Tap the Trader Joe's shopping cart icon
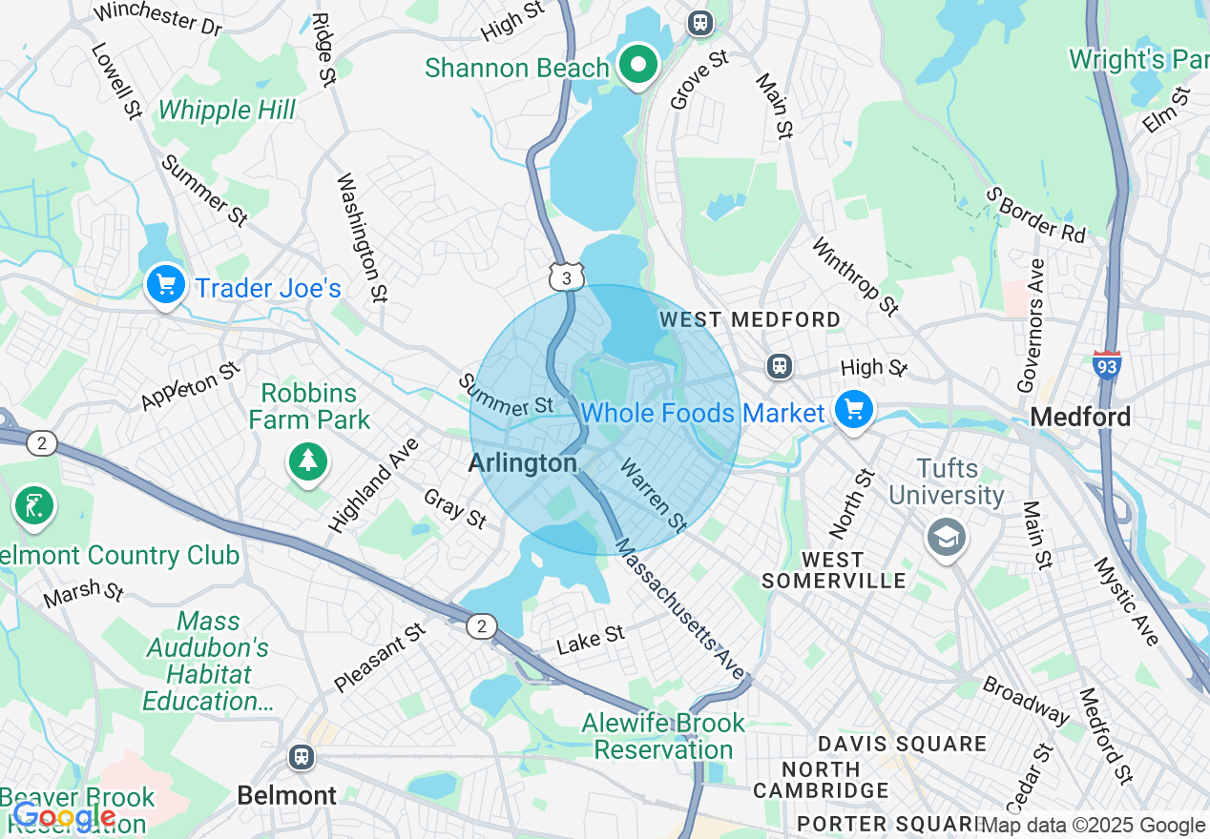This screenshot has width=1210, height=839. [165, 284]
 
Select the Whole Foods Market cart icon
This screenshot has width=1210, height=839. [853, 411]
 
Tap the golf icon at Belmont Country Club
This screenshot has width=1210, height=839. [33, 506]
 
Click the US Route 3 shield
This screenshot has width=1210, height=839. [565, 277]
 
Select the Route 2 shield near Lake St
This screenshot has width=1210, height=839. [482, 625]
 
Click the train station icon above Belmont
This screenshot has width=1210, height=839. [302, 757]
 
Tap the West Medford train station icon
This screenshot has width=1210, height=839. [780, 366]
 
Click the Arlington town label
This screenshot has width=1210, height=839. [523, 463]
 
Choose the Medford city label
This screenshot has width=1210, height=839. [1080, 417]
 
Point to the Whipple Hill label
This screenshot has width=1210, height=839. [227, 111]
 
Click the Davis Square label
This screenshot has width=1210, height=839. [901, 744]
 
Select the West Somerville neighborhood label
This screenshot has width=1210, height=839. [833, 570]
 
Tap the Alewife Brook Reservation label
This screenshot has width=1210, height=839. [663, 736]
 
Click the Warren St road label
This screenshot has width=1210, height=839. [654, 496]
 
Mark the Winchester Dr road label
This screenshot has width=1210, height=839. [157, 18]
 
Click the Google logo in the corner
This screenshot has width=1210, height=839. [63, 816]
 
